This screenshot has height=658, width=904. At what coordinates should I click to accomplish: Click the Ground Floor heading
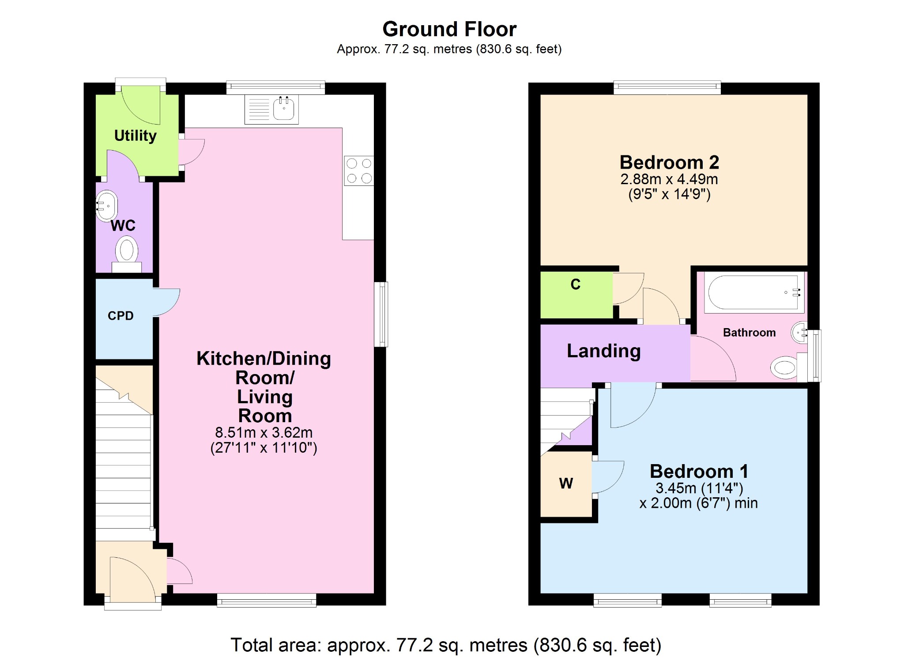(449, 29)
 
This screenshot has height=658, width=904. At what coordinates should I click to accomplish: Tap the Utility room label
(136, 136)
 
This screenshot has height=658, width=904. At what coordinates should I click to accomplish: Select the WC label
(123, 226)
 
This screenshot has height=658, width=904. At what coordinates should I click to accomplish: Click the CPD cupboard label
(121, 316)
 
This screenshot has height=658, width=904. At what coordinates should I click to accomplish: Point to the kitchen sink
(271, 109)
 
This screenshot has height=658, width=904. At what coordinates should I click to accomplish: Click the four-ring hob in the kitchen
(359, 171)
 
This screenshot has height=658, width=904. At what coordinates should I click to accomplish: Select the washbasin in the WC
(107, 205)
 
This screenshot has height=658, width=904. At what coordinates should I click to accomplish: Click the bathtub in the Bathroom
(754, 292)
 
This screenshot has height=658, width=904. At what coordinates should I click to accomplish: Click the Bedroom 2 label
(669, 163)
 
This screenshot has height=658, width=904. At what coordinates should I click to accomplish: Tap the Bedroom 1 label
(699, 472)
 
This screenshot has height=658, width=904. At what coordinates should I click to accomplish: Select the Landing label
(603, 351)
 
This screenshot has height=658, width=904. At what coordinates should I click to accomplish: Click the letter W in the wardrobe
(566, 484)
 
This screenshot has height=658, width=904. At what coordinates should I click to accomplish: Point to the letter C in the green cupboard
(576, 284)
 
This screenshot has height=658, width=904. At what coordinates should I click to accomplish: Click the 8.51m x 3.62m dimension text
(264, 432)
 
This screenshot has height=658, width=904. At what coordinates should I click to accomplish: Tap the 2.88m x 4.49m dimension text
(669, 179)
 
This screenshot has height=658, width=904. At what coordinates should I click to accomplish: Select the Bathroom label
(749, 333)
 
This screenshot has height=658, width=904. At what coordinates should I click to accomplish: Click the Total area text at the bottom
(446, 645)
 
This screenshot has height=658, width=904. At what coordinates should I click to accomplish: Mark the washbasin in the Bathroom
(800, 333)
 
